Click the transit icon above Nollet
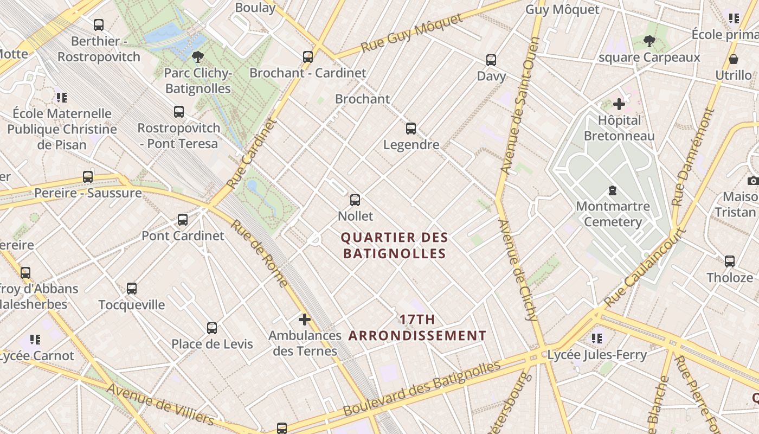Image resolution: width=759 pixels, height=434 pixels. click(355, 200)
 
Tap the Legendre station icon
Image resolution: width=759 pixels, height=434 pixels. click(411, 129)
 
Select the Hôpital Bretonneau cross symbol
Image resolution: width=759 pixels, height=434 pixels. click(619, 104)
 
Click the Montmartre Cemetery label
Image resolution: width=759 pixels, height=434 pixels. click(613, 214)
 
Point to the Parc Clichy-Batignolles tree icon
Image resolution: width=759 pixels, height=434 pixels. click(198, 56)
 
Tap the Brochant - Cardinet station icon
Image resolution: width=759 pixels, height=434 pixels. click(308, 56)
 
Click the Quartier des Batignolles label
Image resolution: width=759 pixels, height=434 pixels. click(395, 245)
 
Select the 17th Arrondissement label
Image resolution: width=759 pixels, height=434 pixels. click(417, 328)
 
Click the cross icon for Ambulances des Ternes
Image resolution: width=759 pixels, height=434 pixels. click(305, 320)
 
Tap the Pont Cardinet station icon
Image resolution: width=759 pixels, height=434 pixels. click(183, 220)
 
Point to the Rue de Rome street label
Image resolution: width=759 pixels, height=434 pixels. click(260, 253)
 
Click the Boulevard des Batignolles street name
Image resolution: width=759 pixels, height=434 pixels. click(422, 389)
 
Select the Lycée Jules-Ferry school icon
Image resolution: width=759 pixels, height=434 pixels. click(597, 339)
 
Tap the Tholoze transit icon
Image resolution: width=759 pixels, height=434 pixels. click(730, 261)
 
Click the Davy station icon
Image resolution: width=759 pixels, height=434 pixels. click(491, 60)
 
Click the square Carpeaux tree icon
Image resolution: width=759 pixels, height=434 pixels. click(649, 41)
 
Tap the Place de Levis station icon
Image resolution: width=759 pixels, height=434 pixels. click(212, 328)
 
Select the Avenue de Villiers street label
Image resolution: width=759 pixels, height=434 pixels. click(160, 404)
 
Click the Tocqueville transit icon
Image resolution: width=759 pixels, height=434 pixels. click(132, 289)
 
